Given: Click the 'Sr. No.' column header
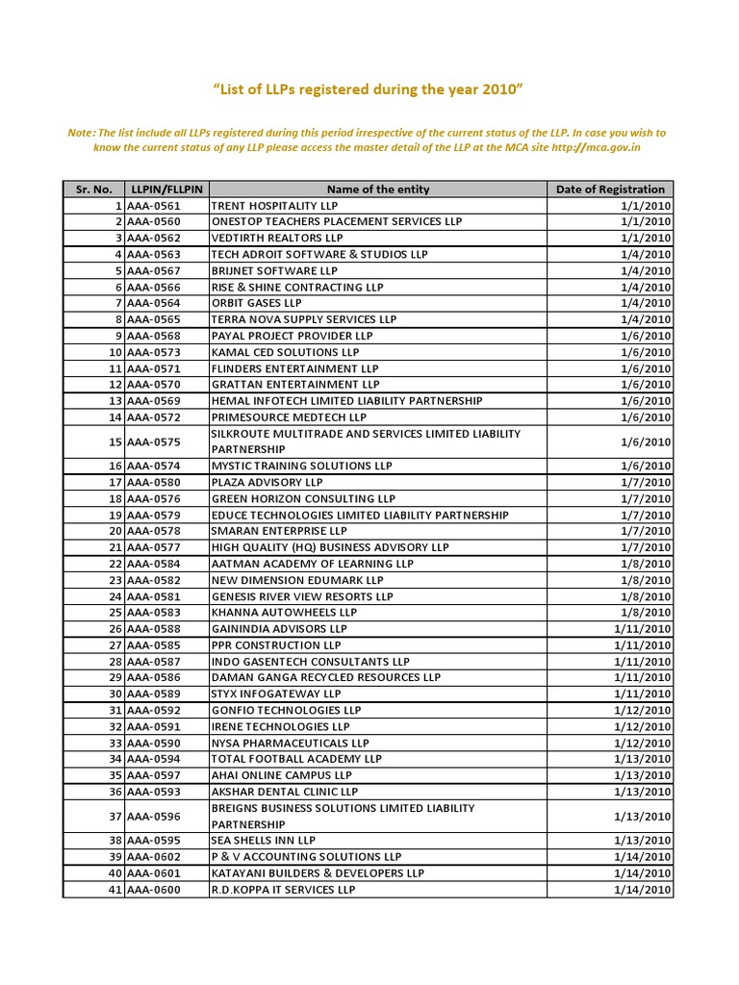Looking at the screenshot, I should [x=94, y=189].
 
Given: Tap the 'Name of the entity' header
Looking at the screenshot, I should [x=378, y=189].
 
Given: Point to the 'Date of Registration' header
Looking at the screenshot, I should [x=610, y=189].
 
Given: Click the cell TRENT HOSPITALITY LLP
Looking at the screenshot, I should [x=274, y=206].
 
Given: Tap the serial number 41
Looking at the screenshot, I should [x=115, y=890].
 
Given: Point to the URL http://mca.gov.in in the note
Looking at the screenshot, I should [x=593, y=148].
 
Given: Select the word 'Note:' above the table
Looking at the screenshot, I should [x=82, y=133].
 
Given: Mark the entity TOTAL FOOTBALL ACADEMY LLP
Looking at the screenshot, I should [x=296, y=759].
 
